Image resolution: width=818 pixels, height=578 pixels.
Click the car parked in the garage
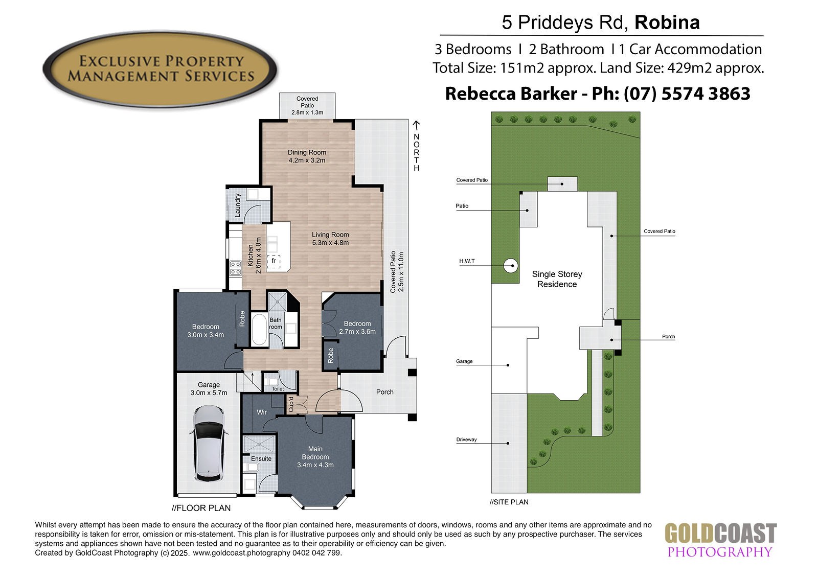pos(209,443)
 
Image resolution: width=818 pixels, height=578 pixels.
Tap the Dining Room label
pos(307,152)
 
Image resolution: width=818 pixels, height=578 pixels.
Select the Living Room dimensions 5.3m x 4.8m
pos(330,243)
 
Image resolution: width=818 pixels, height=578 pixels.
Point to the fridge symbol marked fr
pos(274,262)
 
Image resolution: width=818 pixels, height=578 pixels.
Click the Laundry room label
pos(238,205)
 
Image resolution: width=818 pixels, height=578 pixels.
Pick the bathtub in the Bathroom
pos(259,329)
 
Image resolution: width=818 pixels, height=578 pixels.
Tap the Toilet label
pos(278,389)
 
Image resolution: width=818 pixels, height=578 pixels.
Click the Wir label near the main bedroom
pos(261,412)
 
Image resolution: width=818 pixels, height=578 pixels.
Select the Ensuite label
pos(261,458)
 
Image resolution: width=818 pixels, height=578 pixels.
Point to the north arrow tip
pos(416,121)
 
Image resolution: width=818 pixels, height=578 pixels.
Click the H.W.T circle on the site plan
pos(511,265)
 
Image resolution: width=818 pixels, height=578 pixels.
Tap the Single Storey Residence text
pos(557,279)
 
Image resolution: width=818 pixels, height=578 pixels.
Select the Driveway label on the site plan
pos(466,440)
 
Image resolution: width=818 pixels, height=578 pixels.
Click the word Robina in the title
pos(667,22)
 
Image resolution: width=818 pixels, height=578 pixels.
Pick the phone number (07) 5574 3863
pos(687,94)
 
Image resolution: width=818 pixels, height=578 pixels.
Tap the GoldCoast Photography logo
pos(720,540)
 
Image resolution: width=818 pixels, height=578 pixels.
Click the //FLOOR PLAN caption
pos(201,508)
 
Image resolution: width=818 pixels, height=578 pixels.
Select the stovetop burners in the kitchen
pos(236,268)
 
